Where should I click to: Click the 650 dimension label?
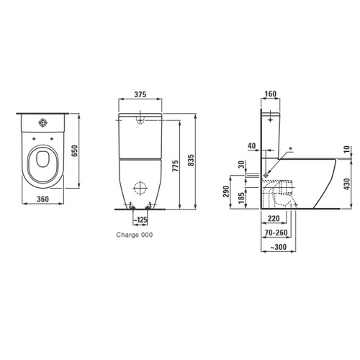pos(75,151)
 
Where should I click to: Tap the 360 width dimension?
pos(42,199)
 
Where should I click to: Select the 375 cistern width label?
pos(140,94)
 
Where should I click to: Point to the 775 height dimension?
pos(176,166)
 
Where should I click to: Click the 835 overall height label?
pos(191,160)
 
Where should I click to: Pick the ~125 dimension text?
pos(140,220)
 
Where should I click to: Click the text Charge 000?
pos(135,235)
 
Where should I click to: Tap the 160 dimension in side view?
pos(271,94)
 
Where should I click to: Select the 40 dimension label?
pos(252,146)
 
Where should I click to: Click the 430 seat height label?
pos(347,184)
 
